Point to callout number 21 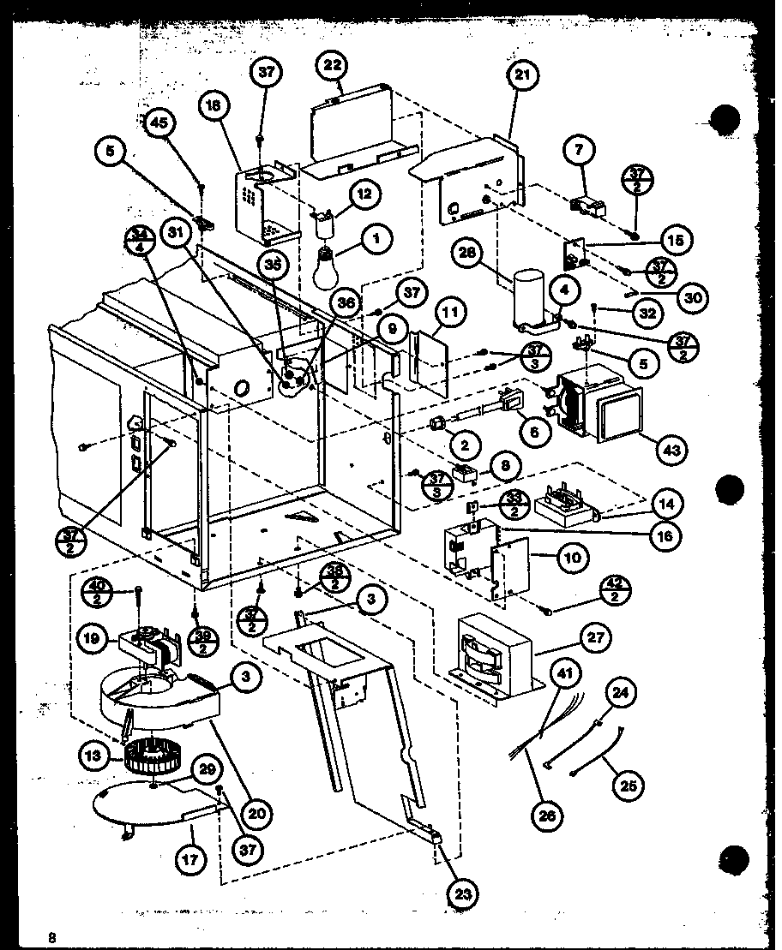click(x=523, y=75)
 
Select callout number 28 click(x=470, y=253)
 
